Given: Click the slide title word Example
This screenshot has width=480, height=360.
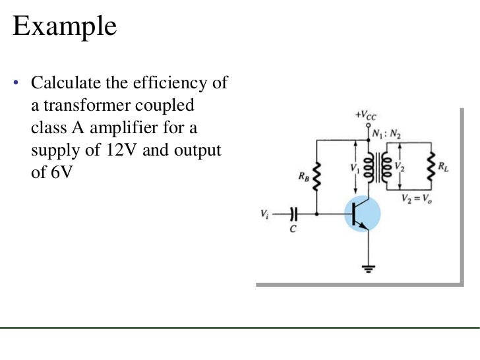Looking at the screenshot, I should pos(65,28).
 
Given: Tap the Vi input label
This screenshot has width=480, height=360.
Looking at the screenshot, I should pos(264,214).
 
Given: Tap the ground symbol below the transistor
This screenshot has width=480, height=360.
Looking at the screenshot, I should pos(369,268).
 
